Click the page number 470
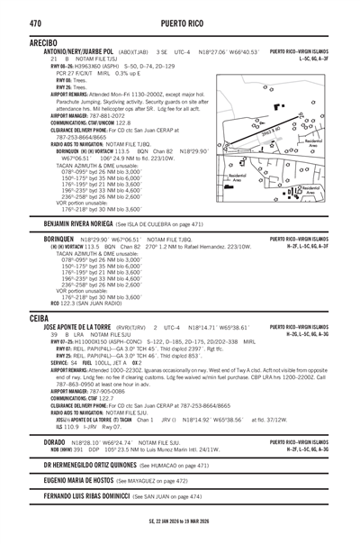37,19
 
